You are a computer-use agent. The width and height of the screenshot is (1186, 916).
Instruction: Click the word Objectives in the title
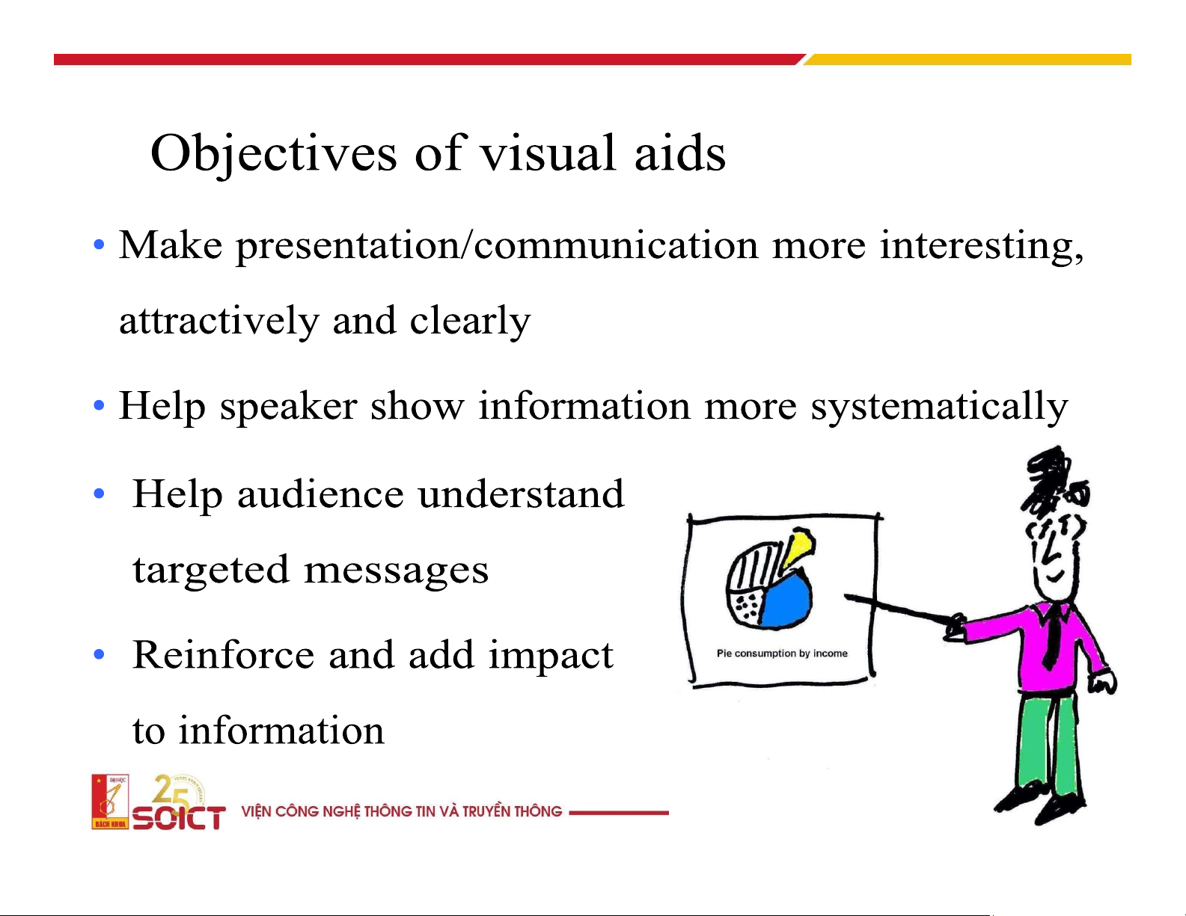click(273, 154)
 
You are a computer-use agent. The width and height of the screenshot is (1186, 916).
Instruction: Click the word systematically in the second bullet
click(939, 408)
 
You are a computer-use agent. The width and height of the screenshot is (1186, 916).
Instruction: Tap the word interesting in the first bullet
click(981, 245)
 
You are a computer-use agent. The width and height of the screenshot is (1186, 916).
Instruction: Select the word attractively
click(218, 321)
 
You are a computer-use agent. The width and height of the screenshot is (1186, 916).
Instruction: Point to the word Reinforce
click(223, 654)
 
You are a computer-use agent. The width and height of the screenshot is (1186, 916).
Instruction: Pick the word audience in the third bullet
click(320, 494)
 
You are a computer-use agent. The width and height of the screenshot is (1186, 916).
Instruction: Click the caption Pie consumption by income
click(782, 654)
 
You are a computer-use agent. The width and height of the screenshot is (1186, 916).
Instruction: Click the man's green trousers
click(1047, 747)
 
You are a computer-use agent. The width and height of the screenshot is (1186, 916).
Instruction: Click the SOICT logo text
click(179, 817)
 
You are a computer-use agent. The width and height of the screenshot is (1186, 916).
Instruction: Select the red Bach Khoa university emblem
click(110, 802)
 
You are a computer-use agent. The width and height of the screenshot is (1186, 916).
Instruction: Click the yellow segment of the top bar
click(968, 59)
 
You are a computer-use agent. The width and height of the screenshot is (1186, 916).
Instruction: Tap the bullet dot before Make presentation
click(99, 245)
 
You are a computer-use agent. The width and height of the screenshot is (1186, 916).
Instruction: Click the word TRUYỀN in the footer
click(485, 811)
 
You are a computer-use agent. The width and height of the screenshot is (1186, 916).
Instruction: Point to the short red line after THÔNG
click(618, 812)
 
